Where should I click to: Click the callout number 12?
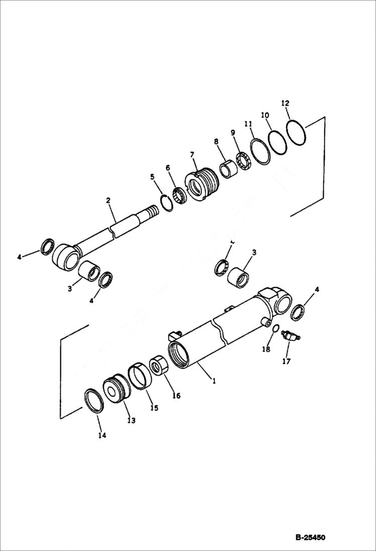tap(285, 103)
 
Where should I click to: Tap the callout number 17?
tap(286, 361)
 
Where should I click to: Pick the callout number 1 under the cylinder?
tap(214, 381)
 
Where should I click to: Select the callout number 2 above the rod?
tap(108, 200)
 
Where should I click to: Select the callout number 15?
tap(154, 408)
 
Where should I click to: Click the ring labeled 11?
tap(261, 152)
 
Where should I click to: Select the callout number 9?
tap(232, 133)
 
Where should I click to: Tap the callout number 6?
tap(168, 167)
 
